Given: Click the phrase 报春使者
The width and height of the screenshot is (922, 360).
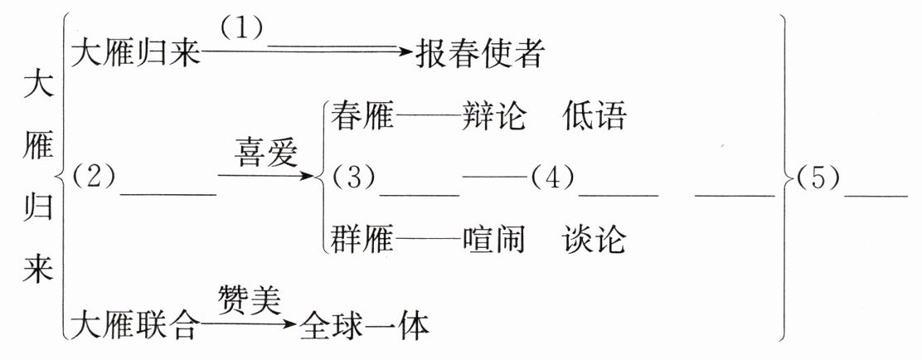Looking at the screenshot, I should tap(480, 55).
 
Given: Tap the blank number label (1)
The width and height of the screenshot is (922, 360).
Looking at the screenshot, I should tap(241, 28).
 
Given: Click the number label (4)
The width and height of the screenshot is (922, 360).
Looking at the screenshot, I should tap(551, 177).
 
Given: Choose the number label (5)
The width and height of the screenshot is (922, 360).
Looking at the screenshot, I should tap(817, 177).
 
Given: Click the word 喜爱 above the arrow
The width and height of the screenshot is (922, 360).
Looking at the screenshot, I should tap(264, 153).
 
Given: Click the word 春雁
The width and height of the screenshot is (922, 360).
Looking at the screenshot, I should tap(362, 116).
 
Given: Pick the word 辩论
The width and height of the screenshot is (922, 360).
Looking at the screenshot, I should tap(494, 116).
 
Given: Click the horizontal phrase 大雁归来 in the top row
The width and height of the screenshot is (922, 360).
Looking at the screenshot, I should tap(136, 55).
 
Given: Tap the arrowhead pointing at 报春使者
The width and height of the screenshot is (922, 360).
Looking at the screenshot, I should tap(405, 53).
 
